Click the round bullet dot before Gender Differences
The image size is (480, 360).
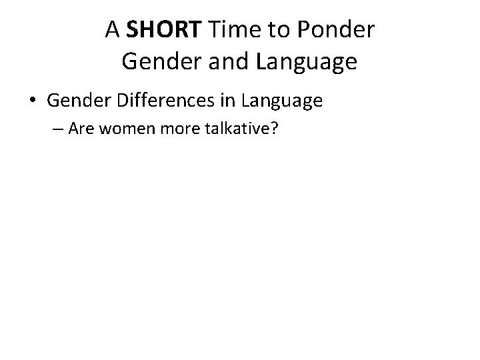[x=33, y=101]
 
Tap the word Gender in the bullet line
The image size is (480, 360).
[x=75, y=101]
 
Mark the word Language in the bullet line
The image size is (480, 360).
[x=282, y=101]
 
